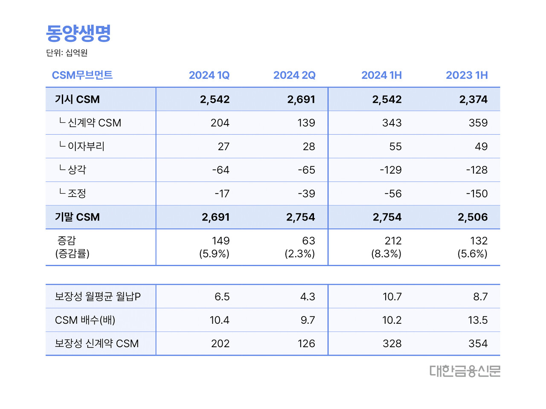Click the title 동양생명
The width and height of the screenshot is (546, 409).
78,33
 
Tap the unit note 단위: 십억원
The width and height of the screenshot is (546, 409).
67,53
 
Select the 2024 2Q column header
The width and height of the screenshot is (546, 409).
294,75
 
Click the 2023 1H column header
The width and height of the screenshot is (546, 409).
467,75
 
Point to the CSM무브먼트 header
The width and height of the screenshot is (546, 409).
82,75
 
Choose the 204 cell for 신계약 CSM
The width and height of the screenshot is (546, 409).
220,123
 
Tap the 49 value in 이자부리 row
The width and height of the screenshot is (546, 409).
481,147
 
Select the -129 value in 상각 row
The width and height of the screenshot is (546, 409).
390,170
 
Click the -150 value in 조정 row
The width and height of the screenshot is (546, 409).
476,194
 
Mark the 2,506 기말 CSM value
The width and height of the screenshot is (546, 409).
472,217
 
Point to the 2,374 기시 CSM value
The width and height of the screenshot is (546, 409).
473,99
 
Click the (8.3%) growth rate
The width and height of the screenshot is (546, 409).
386,254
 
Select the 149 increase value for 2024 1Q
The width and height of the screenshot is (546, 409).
221,241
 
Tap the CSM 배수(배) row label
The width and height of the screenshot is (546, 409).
85,320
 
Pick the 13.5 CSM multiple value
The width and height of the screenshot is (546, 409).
477,320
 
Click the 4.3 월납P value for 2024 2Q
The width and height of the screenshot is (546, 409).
307,296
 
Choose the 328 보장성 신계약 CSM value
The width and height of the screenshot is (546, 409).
392,343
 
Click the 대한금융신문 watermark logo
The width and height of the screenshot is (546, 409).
465,371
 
